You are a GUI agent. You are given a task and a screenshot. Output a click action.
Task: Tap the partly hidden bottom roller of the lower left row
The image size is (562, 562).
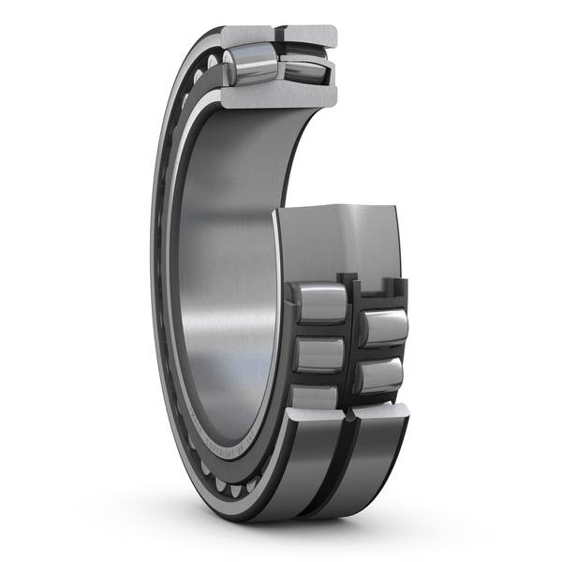click(315, 398)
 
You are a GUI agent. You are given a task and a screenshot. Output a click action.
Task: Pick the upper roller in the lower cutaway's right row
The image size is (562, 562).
click(384, 329)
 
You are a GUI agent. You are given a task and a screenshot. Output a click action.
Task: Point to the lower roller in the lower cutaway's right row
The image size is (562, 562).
click(380, 376)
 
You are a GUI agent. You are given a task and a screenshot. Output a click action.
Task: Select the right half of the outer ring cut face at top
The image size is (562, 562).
click(308, 36)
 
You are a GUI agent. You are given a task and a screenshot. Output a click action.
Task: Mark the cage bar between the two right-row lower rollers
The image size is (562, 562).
click(382, 353)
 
